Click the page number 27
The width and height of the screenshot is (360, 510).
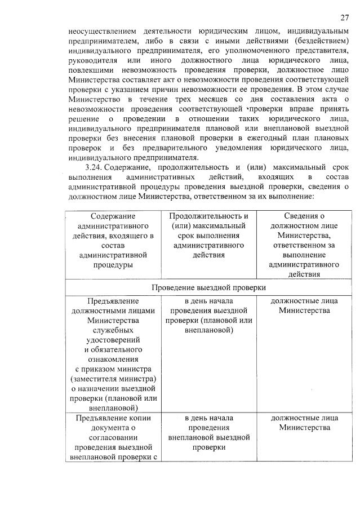(344, 17)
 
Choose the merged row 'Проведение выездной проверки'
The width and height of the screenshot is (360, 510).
(208, 287)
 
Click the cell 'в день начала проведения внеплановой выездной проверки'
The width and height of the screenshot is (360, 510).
(208, 432)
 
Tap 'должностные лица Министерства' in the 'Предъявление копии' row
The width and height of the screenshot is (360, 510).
(304, 423)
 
